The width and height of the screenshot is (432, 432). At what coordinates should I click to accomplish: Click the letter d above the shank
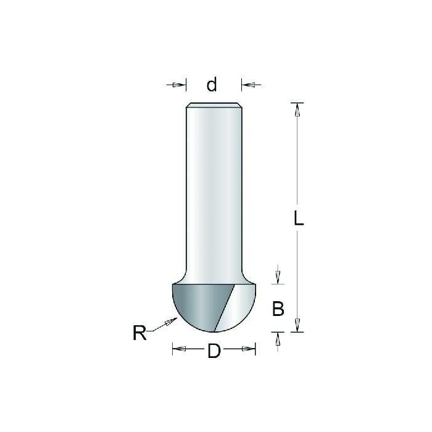coord(212,84)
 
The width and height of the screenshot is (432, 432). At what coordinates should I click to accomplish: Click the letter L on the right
coord(298,219)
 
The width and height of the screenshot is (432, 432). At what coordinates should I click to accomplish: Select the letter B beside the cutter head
coord(278,309)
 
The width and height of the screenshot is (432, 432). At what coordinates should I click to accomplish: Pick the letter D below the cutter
coord(214,352)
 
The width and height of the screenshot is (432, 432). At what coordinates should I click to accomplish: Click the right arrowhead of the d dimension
coord(246,85)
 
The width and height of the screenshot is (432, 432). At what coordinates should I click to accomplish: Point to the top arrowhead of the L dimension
coord(297,109)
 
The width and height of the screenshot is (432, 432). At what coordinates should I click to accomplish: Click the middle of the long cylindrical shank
coord(214,191)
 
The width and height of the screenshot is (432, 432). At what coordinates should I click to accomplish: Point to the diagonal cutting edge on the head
coord(225,305)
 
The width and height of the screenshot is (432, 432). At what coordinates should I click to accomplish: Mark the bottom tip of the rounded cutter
coord(214,331)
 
